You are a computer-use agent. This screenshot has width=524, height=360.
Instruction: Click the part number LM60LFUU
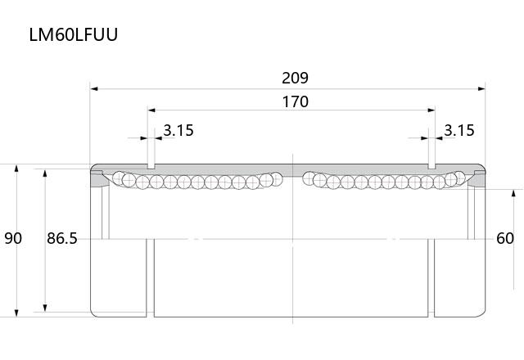pyautogui.click(x=74, y=34)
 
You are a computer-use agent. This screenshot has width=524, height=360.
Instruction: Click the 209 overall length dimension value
pyautogui.click(x=295, y=78)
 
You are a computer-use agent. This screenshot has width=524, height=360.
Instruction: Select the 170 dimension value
pyautogui.click(x=295, y=101)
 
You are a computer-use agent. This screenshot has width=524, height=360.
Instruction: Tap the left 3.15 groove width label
pyautogui.click(x=178, y=130)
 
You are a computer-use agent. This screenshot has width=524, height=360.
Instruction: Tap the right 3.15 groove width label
pyautogui.click(x=459, y=130)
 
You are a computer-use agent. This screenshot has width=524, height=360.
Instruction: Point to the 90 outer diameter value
pyautogui.click(x=13, y=238)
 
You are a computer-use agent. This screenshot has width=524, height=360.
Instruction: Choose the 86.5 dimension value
pyautogui.click(x=62, y=238)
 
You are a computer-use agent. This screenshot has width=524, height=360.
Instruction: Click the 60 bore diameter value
pyautogui.click(x=505, y=238)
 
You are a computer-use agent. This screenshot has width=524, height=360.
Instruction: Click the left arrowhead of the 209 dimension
pyautogui.click(x=94, y=89)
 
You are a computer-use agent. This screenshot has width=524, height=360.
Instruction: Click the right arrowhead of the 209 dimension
pyautogui.click(x=481, y=89)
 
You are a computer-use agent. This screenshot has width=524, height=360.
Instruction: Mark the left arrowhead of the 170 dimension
pyautogui.click(x=151, y=110)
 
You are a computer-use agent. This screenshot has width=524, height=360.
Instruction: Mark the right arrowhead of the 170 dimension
pyautogui.click(x=431, y=110)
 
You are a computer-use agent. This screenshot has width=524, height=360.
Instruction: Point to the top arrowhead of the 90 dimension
pyautogui.click(x=16, y=168)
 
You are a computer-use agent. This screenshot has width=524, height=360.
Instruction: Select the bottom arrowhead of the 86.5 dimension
pyautogui.click(x=45, y=308)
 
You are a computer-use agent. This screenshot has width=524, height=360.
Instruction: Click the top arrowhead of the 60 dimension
pyautogui.click(x=513, y=193)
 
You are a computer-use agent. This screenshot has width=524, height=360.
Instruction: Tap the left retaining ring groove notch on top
pyautogui.click(x=151, y=166)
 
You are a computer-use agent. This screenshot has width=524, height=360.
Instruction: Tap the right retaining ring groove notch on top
pyautogui.click(x=431, y=166)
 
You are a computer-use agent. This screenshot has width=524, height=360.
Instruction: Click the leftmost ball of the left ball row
pyautogui.click(x=119, y=178)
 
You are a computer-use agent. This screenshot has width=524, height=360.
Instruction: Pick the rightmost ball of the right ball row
pyautogui.click(x=459, y=178)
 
